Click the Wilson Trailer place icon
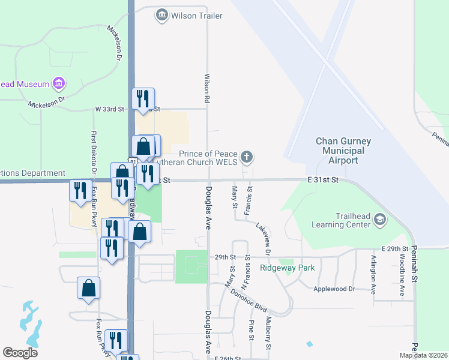coord(161,16)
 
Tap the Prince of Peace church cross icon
coord(246,157)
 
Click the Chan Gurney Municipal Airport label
coord(344,151)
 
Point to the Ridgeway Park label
coord(283,268)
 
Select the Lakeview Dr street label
coord(264,237)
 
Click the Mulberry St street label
coord(268,333)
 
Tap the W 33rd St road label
coord(109,109)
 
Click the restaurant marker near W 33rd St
coord(143,98)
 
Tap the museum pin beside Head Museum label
coord(59,83)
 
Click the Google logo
coord(20,353)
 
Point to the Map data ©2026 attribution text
coord(423,355)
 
